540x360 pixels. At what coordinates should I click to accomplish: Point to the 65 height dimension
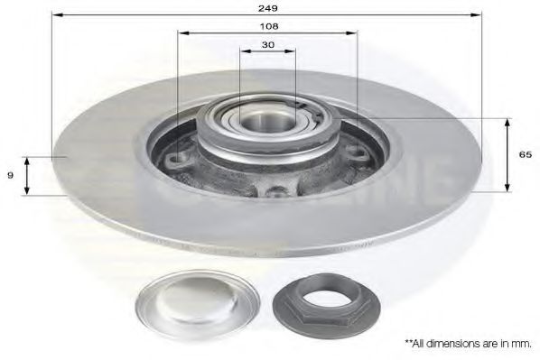(524, 155)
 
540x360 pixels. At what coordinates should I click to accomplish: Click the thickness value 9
(10, 176)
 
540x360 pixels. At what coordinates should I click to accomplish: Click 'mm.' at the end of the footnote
(522, 344)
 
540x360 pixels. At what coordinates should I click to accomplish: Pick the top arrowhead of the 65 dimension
(507, 121)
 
